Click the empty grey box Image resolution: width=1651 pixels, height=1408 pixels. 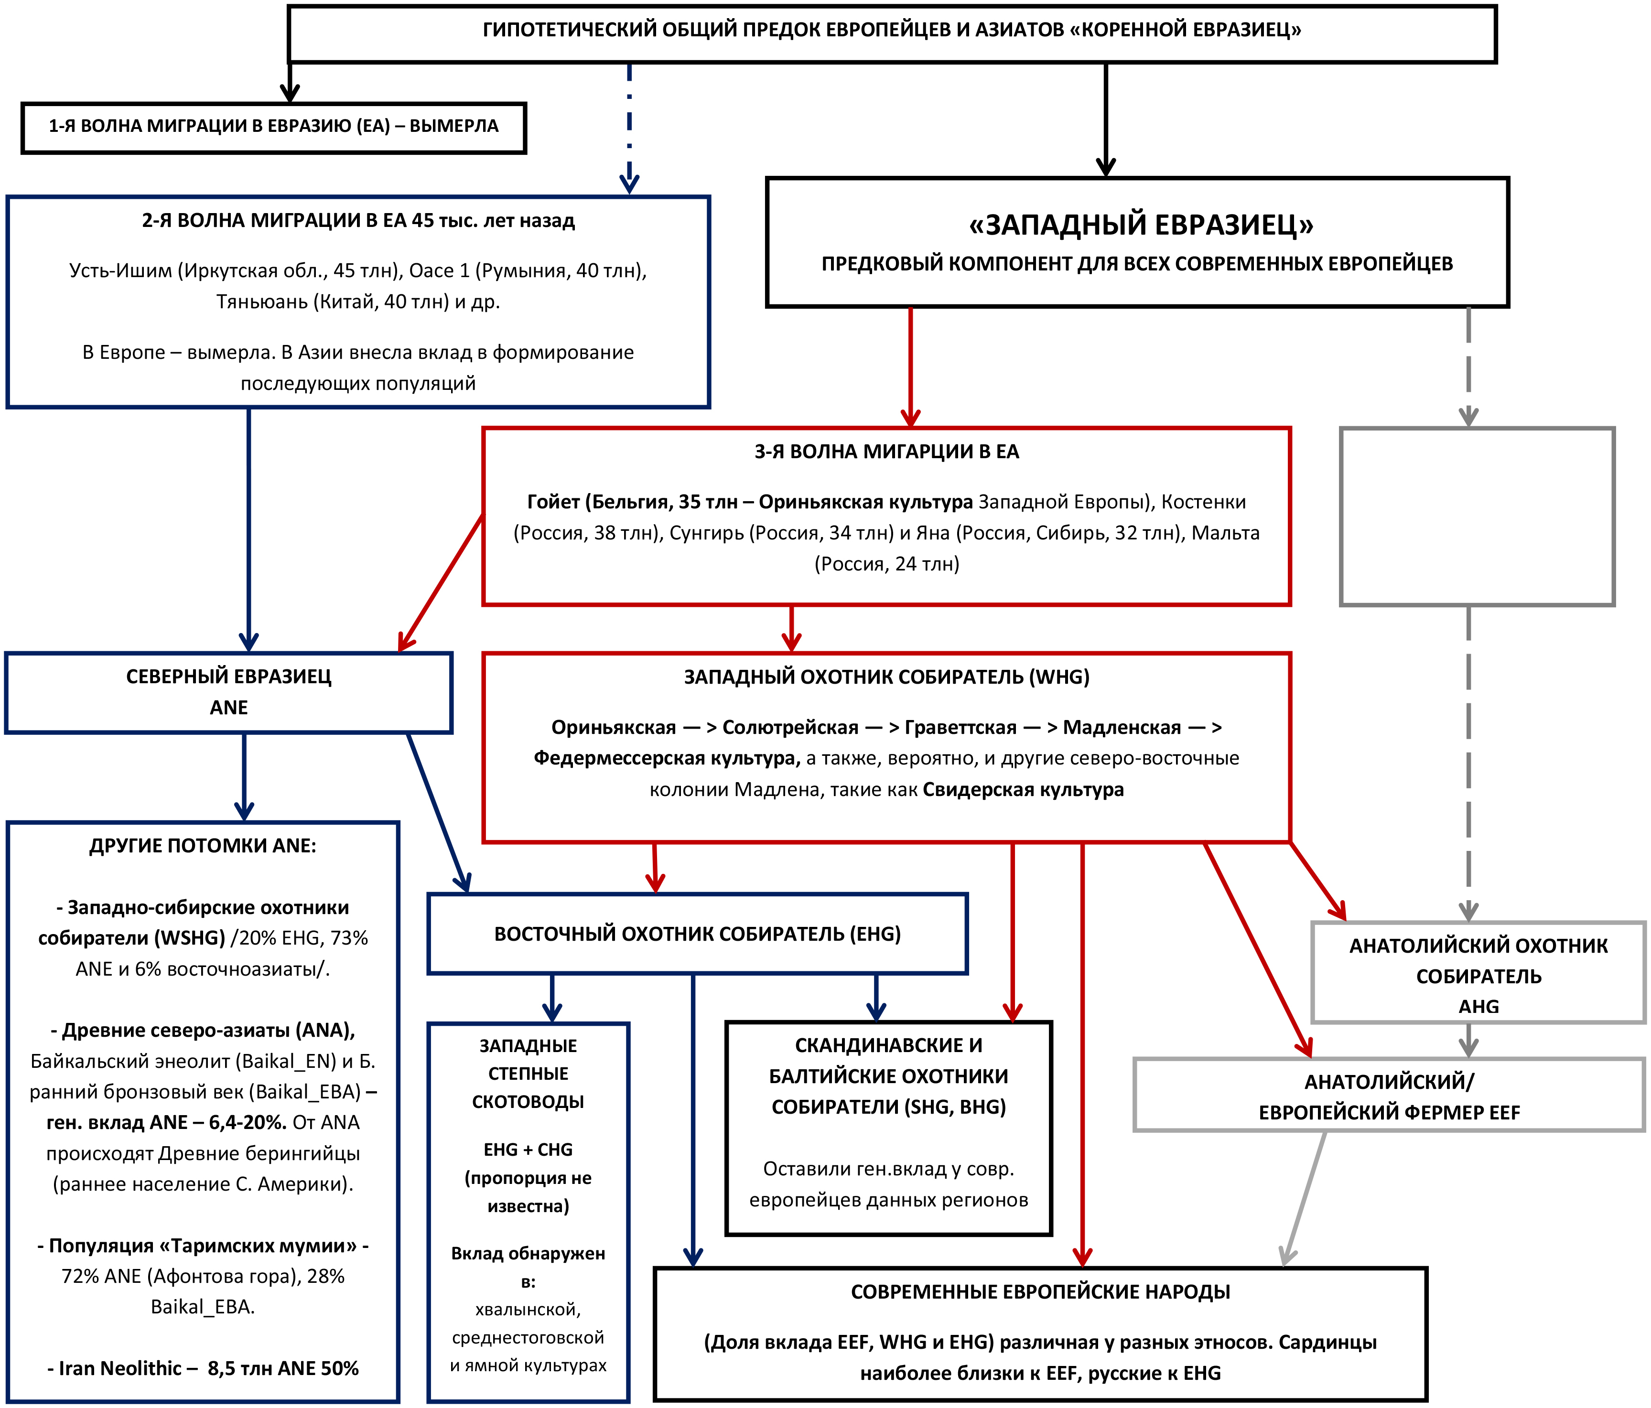[x=1477, y=516]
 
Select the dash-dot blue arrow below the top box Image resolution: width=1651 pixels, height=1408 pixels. [x=629, y=128]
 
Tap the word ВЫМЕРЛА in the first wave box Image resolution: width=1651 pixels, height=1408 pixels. [x=453, y=126]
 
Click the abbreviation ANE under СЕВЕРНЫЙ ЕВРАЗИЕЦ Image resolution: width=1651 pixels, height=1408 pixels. [x=229, y=708]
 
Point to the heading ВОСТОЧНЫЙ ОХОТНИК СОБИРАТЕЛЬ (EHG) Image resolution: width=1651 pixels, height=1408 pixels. [x=697, y=934]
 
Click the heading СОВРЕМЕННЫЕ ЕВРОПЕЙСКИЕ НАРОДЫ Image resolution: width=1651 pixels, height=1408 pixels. [x=1040, y=1292]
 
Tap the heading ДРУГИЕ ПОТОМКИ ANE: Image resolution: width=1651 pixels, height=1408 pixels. [x=203, y=846]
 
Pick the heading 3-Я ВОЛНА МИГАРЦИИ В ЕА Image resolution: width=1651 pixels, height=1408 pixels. [x=886, y=452]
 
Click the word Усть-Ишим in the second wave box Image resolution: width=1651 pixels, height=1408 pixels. [x=120, y=271]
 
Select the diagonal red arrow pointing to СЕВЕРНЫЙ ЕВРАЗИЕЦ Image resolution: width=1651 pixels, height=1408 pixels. [x=441, y=584]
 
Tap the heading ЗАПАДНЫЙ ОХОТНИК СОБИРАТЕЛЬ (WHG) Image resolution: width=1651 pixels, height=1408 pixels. [x=886, y=677]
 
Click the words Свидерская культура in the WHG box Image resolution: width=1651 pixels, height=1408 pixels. [x=1023, y=790]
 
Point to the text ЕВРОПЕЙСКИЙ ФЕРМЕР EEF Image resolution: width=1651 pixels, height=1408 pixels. [x=1389, y=1112]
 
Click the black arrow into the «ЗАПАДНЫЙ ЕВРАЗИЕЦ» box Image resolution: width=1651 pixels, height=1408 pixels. [x=1105, y=119]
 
